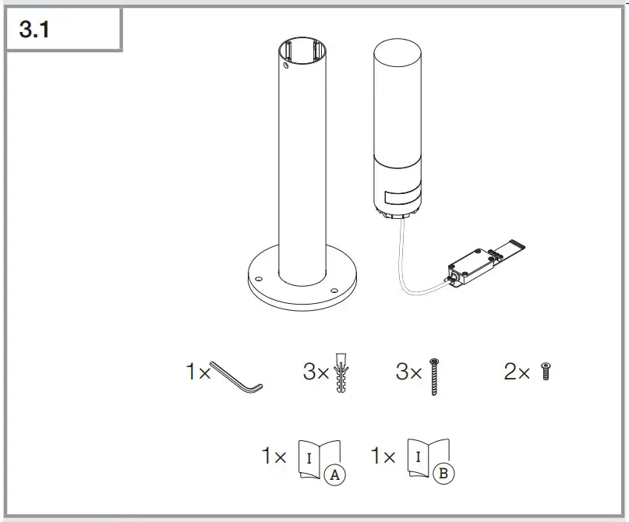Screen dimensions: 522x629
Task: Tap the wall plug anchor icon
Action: pyautogui.click(x=341, y=374)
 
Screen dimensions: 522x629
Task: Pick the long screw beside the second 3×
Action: pyautogui.click(x=433, y=376)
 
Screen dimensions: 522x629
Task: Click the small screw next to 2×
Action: pyautogui.click(x=546, y=372)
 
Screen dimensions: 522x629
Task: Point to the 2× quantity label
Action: pyautogui.click(x=517, y=372)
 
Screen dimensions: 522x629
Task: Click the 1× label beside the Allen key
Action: pyautogui.click(x=198, y=372)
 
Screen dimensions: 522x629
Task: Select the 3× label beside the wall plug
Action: pyautogui.click(x=316, y=372)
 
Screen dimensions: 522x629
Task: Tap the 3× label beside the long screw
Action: pyautogui.click(x=408, y=372)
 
